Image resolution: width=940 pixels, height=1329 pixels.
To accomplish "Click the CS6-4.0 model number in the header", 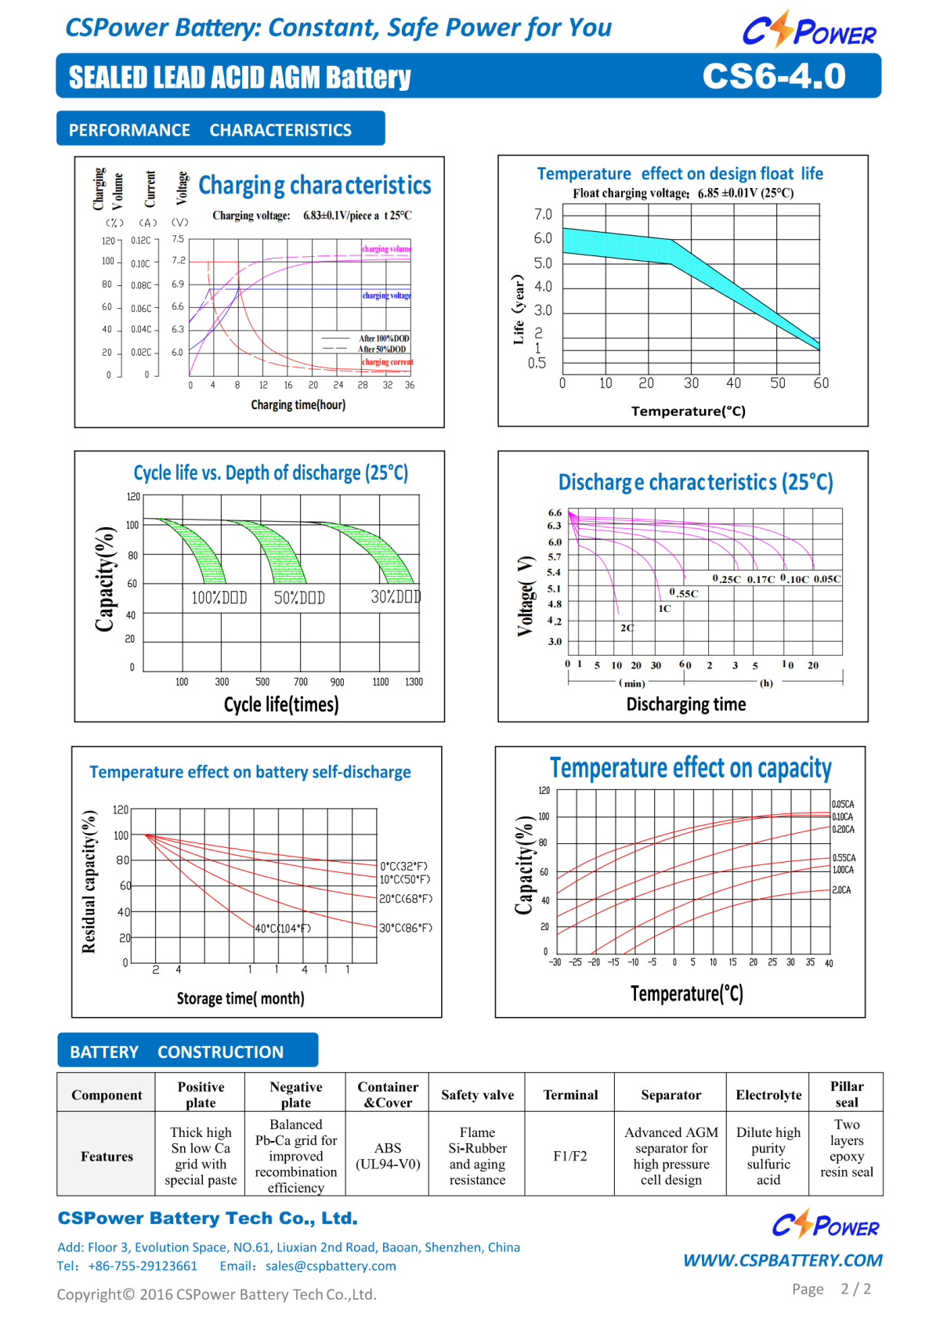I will (774, 77).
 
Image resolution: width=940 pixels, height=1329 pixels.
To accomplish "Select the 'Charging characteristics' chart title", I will (314, 186).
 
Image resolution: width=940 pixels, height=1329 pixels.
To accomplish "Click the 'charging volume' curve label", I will (386, 249).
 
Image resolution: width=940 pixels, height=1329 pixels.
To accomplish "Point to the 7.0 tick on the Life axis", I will (543, 215).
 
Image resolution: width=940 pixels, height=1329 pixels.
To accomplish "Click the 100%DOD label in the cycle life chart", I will (219, 598).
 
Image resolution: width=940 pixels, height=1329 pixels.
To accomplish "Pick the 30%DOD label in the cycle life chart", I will (396, 597).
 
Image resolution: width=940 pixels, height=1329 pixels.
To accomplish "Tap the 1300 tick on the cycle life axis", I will (414, 683).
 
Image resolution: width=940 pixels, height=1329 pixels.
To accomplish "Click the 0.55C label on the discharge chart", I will (684, 593).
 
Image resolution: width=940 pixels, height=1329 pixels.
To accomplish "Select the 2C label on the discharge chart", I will (627, 628).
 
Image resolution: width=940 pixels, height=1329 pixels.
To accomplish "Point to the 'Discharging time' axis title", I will (685, 704).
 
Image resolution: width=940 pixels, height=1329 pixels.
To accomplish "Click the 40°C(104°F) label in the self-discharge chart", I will (283, 929).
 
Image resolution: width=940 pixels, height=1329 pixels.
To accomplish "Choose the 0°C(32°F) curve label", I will (404, 866).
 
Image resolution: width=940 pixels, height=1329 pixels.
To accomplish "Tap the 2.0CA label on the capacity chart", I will (841, 890).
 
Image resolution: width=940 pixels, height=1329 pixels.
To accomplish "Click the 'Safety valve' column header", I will (477, 1095).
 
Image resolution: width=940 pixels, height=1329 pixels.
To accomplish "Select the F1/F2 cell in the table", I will (570, 1156).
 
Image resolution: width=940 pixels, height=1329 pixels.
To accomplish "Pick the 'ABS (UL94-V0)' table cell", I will (388, 1156).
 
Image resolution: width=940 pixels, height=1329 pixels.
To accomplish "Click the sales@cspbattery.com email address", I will (331, 1266).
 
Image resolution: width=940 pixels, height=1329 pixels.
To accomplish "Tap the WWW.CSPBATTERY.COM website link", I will (783, 1260).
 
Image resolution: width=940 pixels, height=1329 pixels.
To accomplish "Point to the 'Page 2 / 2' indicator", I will (831, 1289).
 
